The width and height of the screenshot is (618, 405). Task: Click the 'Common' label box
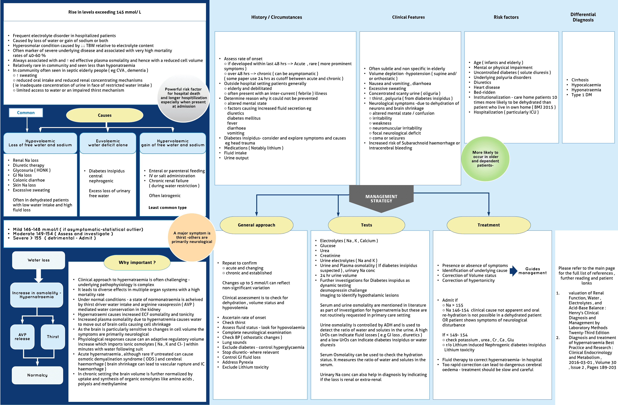(x=26, y=113)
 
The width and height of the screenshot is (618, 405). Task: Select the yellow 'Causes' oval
(x=105, y=115)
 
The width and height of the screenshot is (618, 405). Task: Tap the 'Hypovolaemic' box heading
(x=40, y=143)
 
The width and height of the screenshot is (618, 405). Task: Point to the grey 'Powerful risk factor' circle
(x=184, y=98)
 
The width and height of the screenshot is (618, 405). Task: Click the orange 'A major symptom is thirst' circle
(x=192, y=237)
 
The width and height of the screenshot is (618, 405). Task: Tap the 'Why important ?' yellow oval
(x=137, y=263)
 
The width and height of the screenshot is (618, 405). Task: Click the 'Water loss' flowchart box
(x=39, y=260)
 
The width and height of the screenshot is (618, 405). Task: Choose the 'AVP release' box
(x=22, y=337)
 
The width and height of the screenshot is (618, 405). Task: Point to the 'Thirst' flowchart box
(x=53, y=337)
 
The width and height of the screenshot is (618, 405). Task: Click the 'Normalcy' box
(x=37, y=375)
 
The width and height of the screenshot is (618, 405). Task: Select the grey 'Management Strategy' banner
(x=381, y=199)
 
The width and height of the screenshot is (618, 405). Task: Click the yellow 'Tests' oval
(x=366, y=225)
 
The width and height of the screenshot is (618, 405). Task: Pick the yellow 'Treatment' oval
(x=488, y=225)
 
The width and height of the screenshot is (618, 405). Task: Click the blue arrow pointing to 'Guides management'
(x=513, y=271)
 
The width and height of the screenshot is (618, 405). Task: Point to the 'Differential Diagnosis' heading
(x=583, y=17)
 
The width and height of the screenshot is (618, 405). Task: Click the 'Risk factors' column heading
(x=506, y=17)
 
